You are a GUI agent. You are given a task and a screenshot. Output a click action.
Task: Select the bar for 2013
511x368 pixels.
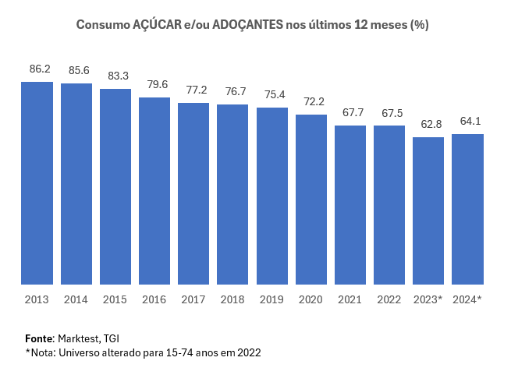point(37,183)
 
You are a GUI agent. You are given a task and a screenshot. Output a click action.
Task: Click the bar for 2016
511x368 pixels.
point(154,191)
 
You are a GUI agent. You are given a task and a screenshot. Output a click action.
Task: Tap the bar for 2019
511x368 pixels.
point(272,196)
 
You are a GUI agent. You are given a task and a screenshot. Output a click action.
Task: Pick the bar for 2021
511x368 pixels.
point(350,205)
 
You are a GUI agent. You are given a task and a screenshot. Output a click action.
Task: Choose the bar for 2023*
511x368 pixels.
point(428,211)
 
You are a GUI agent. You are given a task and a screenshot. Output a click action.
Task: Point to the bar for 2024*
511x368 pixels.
point(468,210)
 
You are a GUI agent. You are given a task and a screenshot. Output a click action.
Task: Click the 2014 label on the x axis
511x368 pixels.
point(76,299)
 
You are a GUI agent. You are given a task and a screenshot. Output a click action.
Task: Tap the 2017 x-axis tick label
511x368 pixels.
point(193,299)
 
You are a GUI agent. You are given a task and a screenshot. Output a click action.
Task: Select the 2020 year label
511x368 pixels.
point(311,299)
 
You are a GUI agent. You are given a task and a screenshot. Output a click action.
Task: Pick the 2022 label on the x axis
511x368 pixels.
point(389,299)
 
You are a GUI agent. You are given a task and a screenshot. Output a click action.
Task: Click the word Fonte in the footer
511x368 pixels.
point(38,338)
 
